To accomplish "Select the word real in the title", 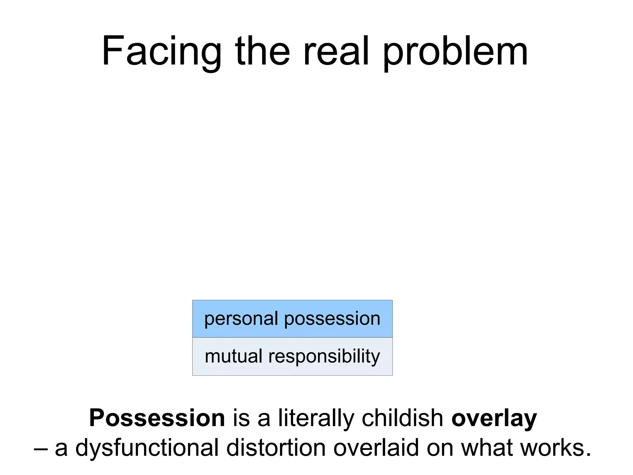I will tap(336, 51).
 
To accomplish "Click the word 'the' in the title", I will tap(262, 51).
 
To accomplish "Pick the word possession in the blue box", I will tap(332, 319).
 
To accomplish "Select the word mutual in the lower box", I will tap(233, 356).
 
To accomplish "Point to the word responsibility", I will tap(324, 357).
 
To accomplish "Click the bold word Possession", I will tap(157, 418).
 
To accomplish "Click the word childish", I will tap(403, 418).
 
